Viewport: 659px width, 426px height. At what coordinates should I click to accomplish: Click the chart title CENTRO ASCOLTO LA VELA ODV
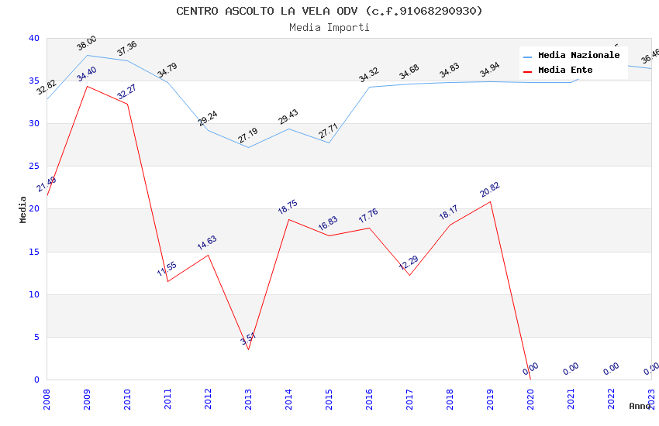pos(329,11)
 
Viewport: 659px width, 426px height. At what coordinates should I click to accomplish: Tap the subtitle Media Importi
pos(329,27)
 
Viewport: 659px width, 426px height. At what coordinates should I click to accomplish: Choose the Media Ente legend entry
pos(565,70)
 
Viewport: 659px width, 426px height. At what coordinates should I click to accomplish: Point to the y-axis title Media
pos(23,209)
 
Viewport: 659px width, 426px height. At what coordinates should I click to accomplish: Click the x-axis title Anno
pos(640,406)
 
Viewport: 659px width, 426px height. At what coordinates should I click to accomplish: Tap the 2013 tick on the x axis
pos(248,397)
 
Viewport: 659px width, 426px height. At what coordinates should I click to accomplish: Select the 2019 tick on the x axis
pos(490,397)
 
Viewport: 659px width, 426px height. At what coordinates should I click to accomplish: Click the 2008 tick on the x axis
pos(47,397)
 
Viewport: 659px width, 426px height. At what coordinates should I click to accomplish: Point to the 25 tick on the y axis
pos(34,167)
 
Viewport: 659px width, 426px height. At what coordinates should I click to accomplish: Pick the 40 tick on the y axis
pos(34,39)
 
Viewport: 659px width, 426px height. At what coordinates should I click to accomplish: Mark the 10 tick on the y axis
pos(34,294)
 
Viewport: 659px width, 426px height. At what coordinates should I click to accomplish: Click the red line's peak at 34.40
pos(87,86)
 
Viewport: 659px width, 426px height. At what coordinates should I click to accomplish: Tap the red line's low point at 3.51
pos(248,349)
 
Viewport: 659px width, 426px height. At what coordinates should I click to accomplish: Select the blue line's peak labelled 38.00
pos(87,55)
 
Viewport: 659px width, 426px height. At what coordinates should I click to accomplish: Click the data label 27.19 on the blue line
pos(248,136)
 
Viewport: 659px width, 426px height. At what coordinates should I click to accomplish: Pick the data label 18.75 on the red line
pos(288,207)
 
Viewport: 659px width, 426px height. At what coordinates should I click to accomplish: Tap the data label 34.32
pos(368,74)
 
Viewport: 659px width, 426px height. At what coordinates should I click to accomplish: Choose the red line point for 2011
pos(167,281)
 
